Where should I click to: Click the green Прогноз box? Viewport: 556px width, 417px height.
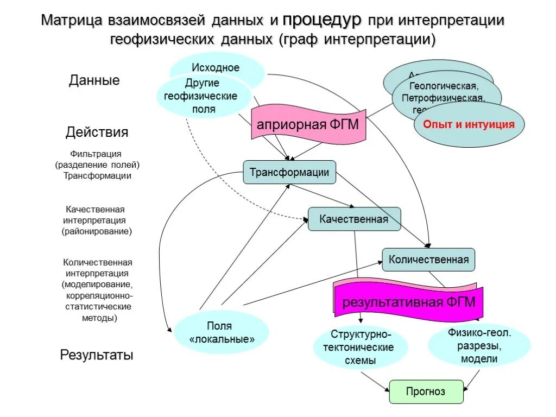(426, 391)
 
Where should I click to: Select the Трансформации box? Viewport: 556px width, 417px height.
(289, 173)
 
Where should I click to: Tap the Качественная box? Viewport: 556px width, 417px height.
(354, 219)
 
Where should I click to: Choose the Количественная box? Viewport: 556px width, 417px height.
(428, 260)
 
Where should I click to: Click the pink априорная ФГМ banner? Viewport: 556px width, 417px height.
(308, 124)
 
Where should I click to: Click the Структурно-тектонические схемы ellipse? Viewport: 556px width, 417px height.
(361, 347)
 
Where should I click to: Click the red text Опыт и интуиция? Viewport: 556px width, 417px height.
(469, 124)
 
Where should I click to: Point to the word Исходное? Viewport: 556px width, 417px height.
(215, 68)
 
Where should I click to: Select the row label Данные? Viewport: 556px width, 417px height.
(94, 80)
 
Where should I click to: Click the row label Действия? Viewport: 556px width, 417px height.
(97, 132)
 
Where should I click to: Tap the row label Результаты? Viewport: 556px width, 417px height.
(96, 355)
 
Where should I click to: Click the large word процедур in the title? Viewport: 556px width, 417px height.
(321, 21)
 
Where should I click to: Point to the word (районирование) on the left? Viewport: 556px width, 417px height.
(97, 231)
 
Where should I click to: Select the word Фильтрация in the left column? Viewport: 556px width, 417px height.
(96, 154)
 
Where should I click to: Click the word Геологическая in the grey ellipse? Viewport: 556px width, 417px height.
(444, 86)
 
